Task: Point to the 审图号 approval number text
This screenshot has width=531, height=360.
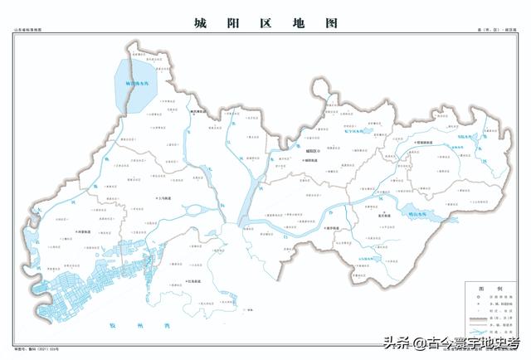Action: [x=33, y=351]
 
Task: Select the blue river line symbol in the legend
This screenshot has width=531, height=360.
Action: [x=472, y=340]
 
